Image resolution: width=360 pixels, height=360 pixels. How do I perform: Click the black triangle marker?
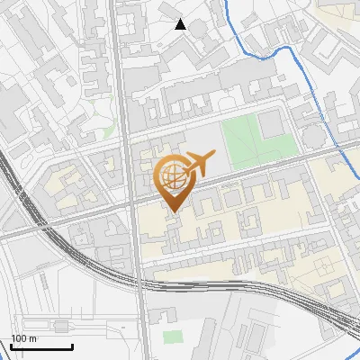[x=181, y=24]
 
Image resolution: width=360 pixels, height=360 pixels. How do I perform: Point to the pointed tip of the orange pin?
[x=172, y=211]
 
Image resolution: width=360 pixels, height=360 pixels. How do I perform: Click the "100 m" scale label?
[x=23, y=338]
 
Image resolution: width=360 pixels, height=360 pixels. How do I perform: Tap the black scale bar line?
[x=41, y=346]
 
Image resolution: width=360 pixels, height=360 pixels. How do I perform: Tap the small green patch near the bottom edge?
[x=172, y=337]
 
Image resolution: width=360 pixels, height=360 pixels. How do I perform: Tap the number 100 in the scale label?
[x=19, y=338]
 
